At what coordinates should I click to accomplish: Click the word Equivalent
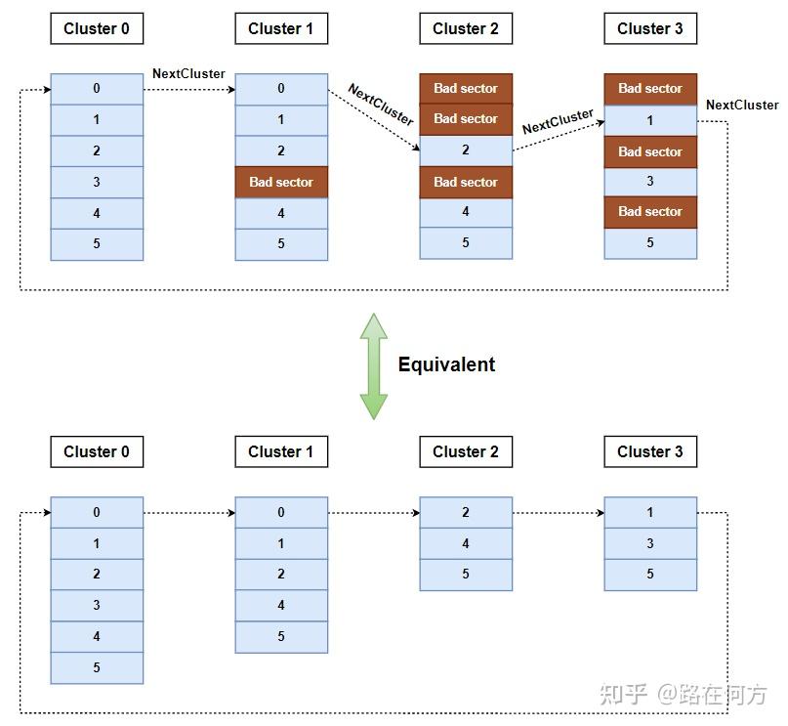(446, 364)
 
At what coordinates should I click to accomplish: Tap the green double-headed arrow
(373, 366)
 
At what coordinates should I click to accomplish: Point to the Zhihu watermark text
(683, 695)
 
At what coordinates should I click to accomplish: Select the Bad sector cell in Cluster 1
(281, 182)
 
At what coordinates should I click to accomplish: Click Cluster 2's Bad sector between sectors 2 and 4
(466, 182)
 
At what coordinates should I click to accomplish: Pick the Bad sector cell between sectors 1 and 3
(650, 151)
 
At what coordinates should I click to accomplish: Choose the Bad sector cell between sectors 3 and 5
(650, 212)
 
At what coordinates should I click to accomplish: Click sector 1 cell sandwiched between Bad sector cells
(650, 120)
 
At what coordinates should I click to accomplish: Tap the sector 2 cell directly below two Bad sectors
(466, 150)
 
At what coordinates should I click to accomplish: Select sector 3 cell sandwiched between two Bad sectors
(650, 182)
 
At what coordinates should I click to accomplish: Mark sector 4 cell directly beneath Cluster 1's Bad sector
(281, 213)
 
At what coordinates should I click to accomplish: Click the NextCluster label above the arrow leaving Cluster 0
(188, 74)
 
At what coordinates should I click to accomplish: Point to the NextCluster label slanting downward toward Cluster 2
(381, 105)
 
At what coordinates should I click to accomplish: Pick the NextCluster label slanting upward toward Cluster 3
(558, 122)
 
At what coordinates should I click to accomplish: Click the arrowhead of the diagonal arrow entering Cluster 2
(417, 148)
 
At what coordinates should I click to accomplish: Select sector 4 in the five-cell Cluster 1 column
(281, 605)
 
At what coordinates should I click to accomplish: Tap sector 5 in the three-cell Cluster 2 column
(466, 575)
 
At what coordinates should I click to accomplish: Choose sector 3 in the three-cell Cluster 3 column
(650, 543)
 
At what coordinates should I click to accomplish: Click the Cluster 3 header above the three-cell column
(650, 451)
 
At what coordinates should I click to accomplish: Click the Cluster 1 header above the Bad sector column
(281, 28)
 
